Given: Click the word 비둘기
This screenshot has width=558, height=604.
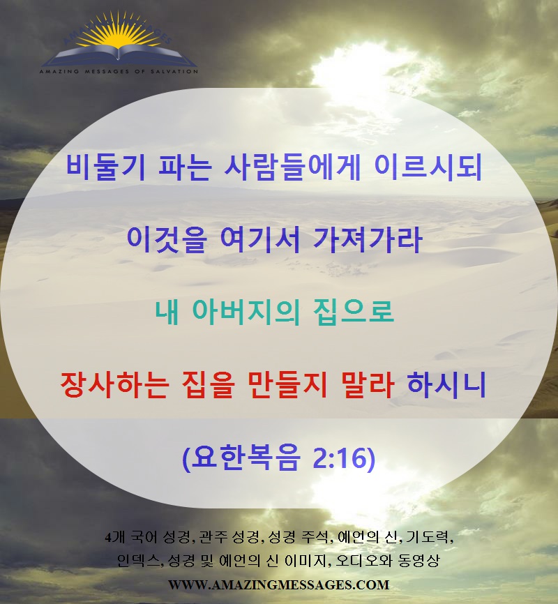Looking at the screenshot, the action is click(106, 167).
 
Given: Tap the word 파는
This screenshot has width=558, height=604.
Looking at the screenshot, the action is click(185, 167).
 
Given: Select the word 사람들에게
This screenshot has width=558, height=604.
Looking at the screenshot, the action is click(292, 167).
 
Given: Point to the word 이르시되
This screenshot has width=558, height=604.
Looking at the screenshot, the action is click(428, 167).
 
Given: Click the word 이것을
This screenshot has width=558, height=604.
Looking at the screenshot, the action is click(167, 239).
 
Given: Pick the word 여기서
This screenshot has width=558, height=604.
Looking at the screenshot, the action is click(260, 239).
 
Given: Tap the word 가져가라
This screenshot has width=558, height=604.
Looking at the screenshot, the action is click(368, 239).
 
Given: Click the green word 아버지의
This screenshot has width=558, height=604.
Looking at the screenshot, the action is click(246, 311).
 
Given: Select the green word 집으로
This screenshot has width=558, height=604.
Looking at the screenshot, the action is click(354, 311).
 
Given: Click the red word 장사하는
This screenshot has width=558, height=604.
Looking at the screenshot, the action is click(115, 384).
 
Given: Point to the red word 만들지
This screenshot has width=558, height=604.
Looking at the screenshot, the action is click(287, 384).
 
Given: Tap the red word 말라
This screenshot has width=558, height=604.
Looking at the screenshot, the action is click(368, 384).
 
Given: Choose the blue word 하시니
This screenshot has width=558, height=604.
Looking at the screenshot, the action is click(446, 384).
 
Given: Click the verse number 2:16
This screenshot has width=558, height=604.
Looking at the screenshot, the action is click(344, 458).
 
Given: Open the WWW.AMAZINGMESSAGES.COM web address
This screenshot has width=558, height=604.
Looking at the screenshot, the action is click(278, 584).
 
